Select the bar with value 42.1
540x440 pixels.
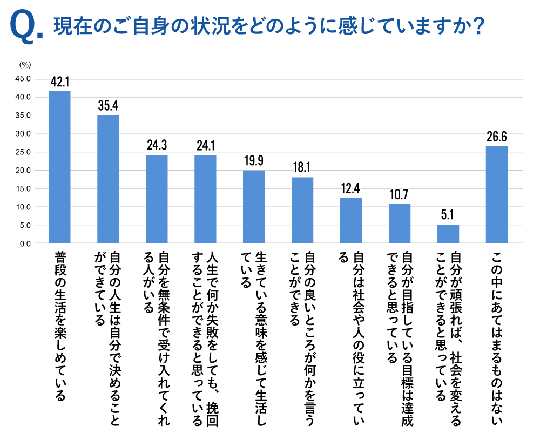pyautogui.click(x=59, y=167)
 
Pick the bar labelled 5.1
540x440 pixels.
pyautogui.click(x=448, y=234)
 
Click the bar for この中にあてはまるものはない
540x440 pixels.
pyautogui.click(x=497, y=195)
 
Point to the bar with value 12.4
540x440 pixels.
pyautogui.click(x=351, y=221)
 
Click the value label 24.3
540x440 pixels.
pyautogui.click(x=157, y=146)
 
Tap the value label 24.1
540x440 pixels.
pyautogui.click(x=205, y=146)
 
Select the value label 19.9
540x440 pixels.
pyautogui.click(x=254, y=161)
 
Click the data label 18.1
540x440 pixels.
pyautogui.click(x=302, y=167)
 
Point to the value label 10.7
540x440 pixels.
pyautogui.click(x=400, y=194)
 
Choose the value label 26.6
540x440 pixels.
pyautogui.click(x=497, y=137)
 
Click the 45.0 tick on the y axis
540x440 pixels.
pyautogui.click(x=22, y=79)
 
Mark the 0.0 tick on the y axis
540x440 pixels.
pyautogui.click(x=24, y=243)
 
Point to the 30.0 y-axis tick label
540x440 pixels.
pyautogui.click(x=22, y=134)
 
